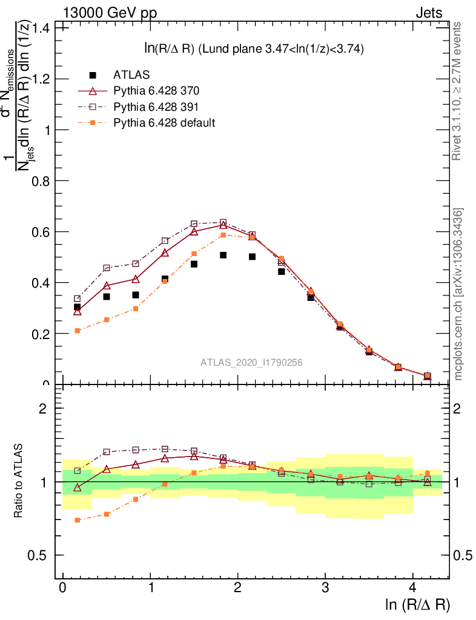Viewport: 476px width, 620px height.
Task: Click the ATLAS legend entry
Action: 130,75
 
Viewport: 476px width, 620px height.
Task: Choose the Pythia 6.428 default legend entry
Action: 164,122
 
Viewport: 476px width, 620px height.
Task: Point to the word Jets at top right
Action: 429,13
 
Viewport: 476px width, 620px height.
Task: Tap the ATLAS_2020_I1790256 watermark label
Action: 251,362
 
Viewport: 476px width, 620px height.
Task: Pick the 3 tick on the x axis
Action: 325,588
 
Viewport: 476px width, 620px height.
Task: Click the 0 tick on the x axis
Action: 62,588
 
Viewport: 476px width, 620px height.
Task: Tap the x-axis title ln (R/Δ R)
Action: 417,604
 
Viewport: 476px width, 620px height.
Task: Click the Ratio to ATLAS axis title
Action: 19,481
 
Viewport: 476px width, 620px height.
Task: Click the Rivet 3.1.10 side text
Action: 458,91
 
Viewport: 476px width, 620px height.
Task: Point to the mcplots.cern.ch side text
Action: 458,294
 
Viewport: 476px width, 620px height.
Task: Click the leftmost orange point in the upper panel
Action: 78,331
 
